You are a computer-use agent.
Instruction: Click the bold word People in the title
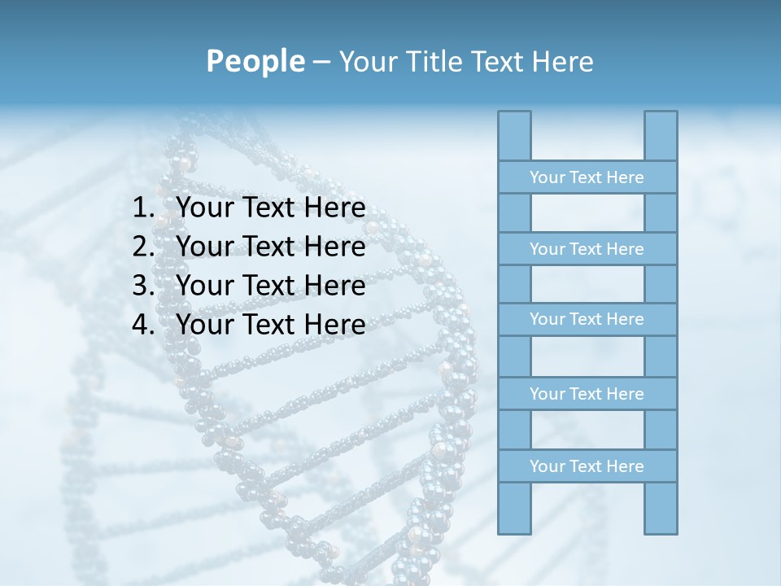(255, 61)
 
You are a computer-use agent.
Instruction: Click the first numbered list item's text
(270, 208)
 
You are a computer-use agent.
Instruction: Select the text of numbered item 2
(270, 247)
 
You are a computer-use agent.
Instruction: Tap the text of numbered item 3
(270, 286)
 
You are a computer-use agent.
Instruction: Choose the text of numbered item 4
(270, 325)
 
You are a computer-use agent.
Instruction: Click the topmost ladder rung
(587, 177)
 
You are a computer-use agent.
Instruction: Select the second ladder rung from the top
(587, 249)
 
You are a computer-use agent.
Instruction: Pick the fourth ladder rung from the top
(587, 394)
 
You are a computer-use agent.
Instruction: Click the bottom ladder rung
(587, 466)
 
